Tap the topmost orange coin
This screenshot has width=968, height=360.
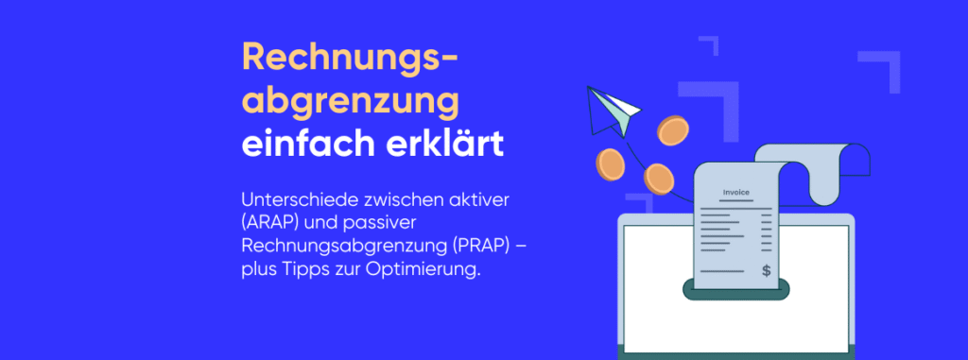coord(673,130)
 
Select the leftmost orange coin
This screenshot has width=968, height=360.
coord(611,166)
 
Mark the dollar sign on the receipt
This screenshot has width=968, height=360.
coord(766,271)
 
